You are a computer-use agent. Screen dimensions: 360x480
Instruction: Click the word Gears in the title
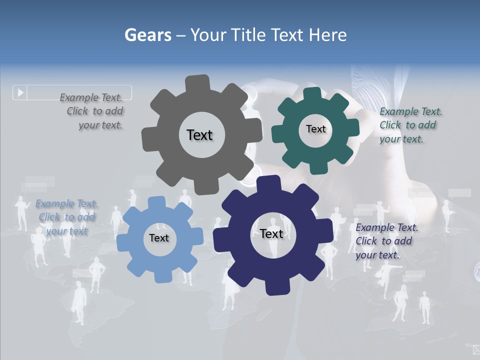coord(148,35)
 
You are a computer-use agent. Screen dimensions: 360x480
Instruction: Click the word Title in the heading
coord(248,35)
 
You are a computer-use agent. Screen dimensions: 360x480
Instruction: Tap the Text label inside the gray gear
coord(199,135)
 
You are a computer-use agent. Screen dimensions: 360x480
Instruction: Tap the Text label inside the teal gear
coord(315,129)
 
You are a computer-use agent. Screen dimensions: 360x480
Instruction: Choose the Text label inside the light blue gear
coord(159,238)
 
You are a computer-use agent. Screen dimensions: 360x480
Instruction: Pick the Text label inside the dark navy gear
coord(271,233)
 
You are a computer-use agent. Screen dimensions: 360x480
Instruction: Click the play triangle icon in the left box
coord(20,92)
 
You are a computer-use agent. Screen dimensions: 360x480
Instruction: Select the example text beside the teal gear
coord(410,125)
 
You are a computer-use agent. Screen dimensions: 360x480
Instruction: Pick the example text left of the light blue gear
coord(66,217)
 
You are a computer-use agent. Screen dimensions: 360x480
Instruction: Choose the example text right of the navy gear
coord(386,241)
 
